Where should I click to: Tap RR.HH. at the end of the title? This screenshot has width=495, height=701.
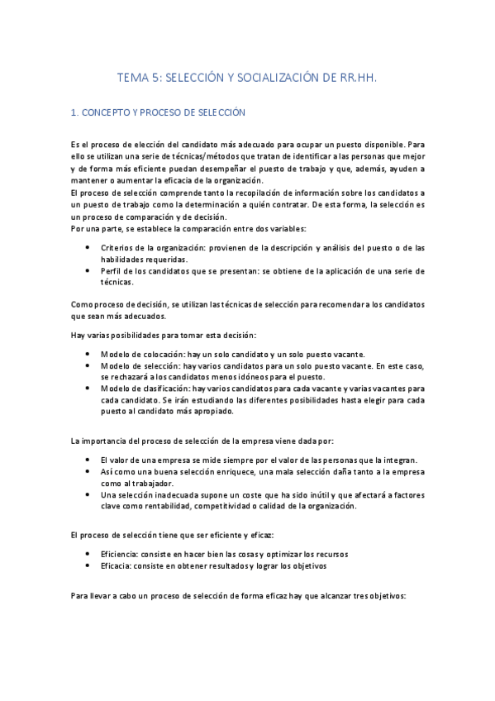click(359, 78)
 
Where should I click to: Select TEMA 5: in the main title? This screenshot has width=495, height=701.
click(140, 78)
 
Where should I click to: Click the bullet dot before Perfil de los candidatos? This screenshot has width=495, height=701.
click(88, 271)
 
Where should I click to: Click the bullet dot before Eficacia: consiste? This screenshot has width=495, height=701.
click(88, 566)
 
